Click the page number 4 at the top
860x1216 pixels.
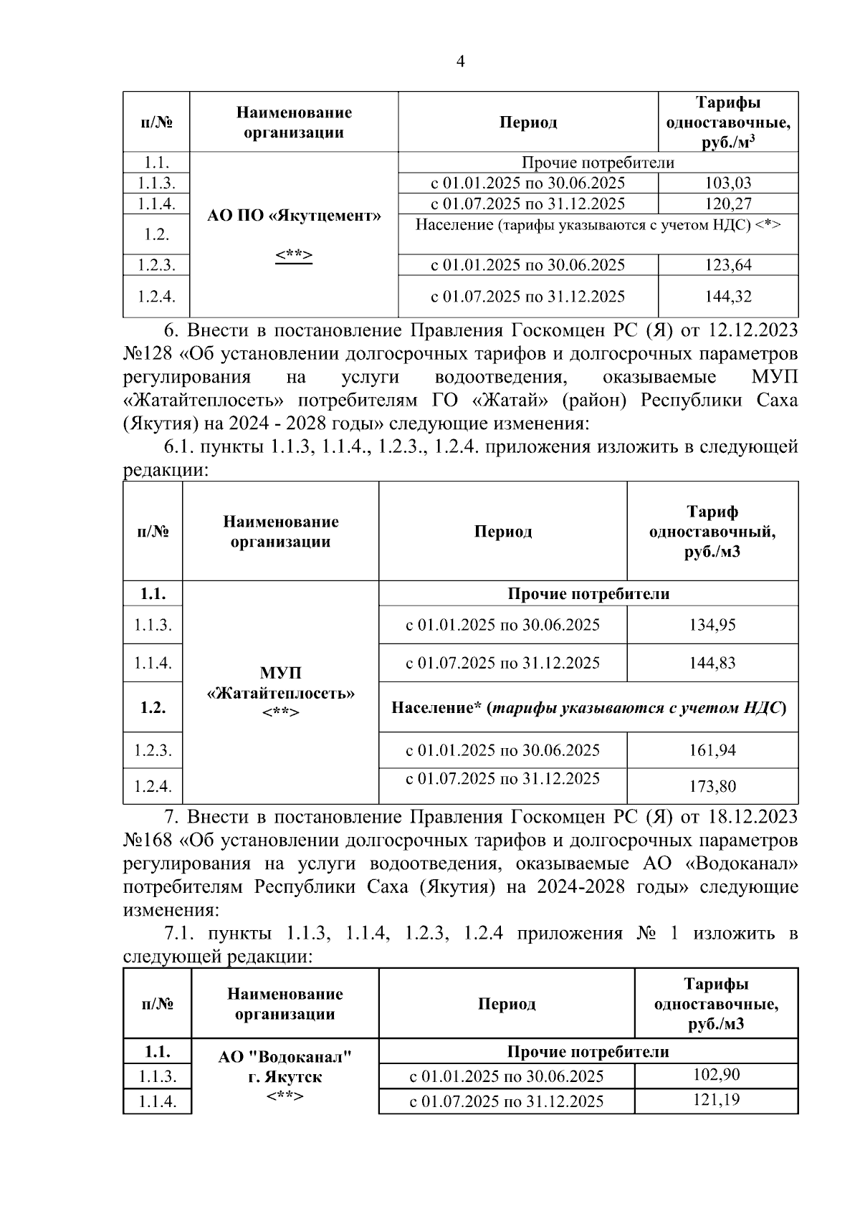(461, 62)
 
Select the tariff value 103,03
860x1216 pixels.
(728, 183)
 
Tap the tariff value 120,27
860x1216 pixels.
(728, 204)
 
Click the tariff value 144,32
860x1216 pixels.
(728, 296)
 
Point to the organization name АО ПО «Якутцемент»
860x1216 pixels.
(294, 216)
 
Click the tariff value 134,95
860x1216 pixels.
(712, 625)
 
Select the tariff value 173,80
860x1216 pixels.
(712, 787)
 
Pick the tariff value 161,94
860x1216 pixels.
(712, 750)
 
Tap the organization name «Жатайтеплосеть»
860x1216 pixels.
(280, 694)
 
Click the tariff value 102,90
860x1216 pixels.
(716, 1075)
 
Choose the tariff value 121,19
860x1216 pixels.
(716, 1100)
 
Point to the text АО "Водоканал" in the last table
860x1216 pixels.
(285, 1057)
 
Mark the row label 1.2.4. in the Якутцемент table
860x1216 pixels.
(156, 296)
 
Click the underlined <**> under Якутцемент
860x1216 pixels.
(294, 256)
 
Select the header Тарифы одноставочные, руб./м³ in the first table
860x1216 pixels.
(728, 123)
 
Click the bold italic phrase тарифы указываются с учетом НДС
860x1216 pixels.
(635, 708)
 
